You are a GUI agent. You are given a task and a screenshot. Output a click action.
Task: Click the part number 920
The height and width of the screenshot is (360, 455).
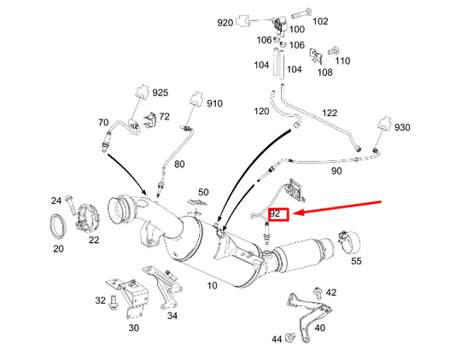[225, 21]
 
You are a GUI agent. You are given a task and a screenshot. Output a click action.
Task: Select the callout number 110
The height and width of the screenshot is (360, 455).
[342, 61]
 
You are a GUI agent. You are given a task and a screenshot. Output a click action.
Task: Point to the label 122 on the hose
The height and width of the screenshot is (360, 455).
[330, 113]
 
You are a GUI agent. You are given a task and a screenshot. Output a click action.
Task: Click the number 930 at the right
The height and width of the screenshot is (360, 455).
[402, 128]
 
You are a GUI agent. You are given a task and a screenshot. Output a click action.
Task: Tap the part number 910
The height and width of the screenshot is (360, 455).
[213, 104]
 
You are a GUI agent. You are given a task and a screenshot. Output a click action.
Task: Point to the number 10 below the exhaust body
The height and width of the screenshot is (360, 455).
[213, 285]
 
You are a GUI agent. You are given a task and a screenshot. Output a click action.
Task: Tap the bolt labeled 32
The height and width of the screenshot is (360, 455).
[113, 301]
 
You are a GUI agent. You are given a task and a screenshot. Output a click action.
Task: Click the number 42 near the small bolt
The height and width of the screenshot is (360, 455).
[331, 293]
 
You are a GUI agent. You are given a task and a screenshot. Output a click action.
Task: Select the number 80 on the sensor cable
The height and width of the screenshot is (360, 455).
[179, 164]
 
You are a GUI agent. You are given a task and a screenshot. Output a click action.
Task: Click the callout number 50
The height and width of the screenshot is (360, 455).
[202, 193]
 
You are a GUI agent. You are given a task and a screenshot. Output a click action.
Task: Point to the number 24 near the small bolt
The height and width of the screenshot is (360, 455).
[55, 200]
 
